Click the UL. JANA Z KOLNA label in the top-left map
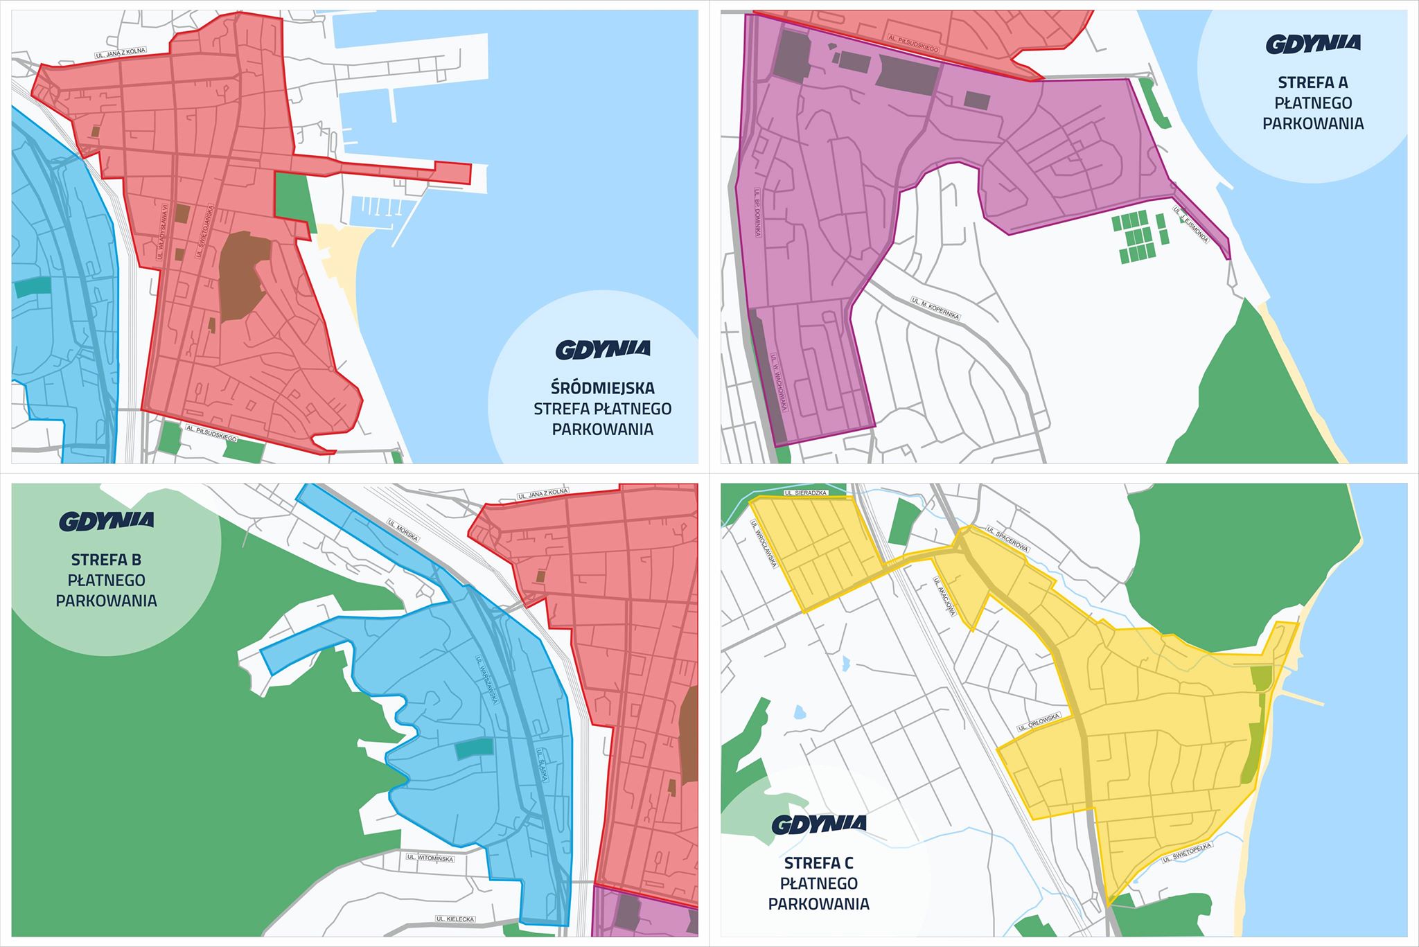pos(121,53)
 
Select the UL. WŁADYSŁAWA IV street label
pos(163,232)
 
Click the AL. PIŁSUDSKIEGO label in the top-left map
pos(211,433)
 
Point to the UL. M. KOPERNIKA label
pos(935,308)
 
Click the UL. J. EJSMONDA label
pos(1191,224)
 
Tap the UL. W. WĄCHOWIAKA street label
pos(779,382)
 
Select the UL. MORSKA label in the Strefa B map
pos(403,530)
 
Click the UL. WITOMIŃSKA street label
pos(430,858)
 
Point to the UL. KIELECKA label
pos(455,919)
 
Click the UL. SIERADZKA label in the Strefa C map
pos(806,493)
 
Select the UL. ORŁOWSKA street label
pos(1039,723)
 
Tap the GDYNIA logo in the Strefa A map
pos(1313,44)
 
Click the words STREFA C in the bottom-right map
pos(818,862)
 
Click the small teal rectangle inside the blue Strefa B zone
pos(475,747)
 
